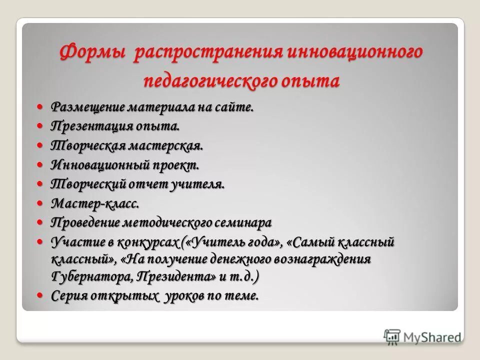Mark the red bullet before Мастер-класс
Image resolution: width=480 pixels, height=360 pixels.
click(x=41, y=203)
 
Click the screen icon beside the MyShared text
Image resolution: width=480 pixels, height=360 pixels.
click(x=392, y=336)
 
